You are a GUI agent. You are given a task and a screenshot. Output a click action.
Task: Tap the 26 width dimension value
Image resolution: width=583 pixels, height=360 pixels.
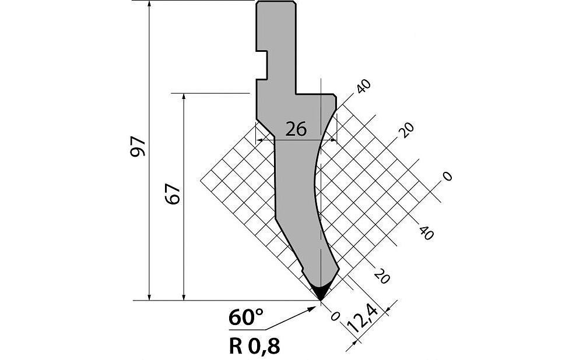tap(296, 129)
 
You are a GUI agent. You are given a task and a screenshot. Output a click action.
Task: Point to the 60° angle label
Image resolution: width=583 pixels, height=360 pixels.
tap(246, 318)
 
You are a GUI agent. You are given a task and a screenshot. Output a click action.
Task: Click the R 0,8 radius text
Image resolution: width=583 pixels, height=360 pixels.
tap(254, 345)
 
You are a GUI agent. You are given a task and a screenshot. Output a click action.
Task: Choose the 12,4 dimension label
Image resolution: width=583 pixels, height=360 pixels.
tap(362, 318)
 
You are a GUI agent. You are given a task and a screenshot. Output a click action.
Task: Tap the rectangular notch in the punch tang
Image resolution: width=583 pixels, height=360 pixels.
tap(262, 65)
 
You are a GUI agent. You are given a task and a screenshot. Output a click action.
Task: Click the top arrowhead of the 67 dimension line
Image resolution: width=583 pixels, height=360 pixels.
tap(184, 97)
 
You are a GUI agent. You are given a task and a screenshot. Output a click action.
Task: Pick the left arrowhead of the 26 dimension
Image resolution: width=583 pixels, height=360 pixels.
tap(260, 140)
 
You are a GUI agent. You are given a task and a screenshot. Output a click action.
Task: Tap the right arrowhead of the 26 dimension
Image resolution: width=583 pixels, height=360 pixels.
tap(333, 140)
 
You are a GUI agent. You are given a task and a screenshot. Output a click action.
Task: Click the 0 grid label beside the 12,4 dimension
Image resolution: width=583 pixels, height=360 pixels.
tap(335, 316)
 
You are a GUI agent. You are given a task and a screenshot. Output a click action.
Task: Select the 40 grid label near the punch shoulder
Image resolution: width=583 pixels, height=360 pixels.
tap(363, 87)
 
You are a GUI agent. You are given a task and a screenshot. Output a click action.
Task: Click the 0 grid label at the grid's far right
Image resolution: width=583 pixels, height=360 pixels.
tap(447, 176)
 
